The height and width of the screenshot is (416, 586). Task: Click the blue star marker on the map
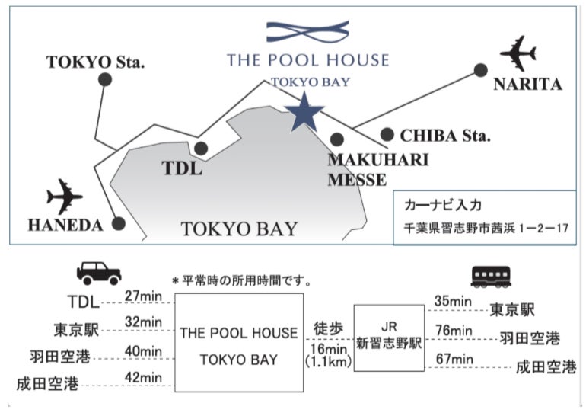[x=304, y=112]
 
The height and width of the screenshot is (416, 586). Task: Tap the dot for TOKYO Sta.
[x=105, y=80]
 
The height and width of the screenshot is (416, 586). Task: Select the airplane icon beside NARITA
[x=518, y=53]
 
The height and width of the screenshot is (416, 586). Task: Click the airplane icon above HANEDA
[x=64, y=197]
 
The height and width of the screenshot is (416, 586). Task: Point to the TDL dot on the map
[x=201, y=149]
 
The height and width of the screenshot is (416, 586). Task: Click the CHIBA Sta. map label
[x=445, y=136]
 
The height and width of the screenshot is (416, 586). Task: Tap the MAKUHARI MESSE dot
[x=337, y=139]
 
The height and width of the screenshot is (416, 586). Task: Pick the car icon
[x=99, y=274]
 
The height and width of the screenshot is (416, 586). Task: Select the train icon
[x=491, y=277]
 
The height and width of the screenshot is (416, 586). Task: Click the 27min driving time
[x=144, y=296]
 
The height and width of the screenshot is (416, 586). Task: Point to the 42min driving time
[x=144, y=377]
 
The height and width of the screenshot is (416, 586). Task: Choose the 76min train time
[x=454, y=331]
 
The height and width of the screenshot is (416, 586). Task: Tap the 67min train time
[x=454, y=359]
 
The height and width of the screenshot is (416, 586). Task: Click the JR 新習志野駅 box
[x=389, y=338]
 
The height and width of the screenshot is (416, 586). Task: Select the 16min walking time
[x=329, y=349]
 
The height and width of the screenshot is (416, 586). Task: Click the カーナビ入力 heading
[x=443, y=206]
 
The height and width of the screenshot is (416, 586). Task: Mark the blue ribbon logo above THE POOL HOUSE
[x=307, y=31]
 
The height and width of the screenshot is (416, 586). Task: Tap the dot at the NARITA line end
[x=481, y=70]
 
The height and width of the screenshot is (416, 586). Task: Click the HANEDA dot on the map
[x=119, y=223]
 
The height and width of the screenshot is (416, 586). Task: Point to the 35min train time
[x=453, y=301]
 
